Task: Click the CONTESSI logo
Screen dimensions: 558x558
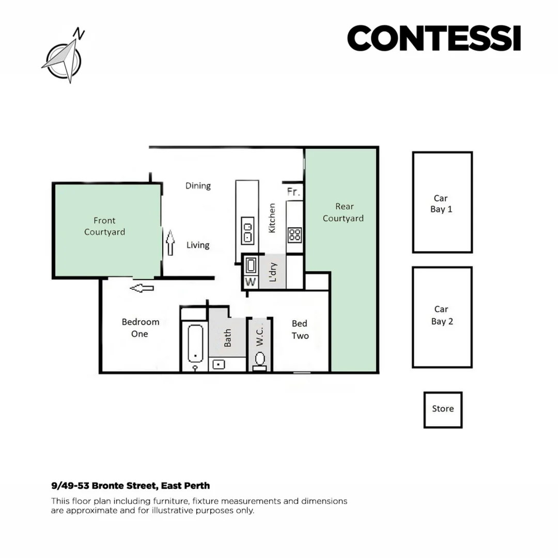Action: click(433, 39)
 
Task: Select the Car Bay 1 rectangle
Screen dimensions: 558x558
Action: click(442, 202)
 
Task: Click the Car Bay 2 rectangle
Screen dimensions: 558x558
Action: click(442, 317)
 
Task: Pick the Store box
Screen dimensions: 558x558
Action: click(443, 409)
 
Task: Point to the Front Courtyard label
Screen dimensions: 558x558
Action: click(104, 226)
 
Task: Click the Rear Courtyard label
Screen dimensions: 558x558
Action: click(343, 212)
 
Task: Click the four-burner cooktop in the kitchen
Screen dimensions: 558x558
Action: click(295, 235)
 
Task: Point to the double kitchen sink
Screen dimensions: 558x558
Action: click(247, 230)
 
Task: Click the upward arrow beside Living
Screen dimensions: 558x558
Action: click(170, 243)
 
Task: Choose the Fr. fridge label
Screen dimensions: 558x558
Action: click(293, 192)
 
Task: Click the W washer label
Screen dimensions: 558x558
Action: click(251, 282)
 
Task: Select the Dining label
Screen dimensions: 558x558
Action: click(198, 186)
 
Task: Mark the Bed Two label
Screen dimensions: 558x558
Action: click(300, 330)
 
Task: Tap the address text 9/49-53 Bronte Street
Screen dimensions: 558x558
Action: click(130, 486)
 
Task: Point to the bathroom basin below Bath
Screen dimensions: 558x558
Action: click(220, 364)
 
